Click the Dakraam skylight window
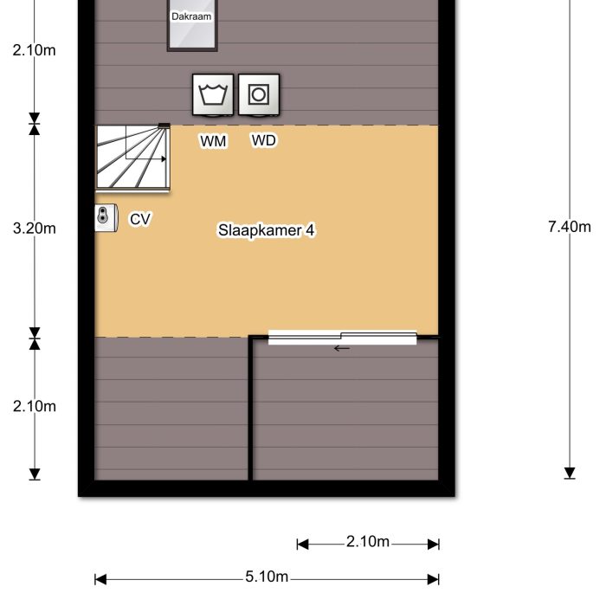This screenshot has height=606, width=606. coord(191,26)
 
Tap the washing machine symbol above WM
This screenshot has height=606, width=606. coord(213,94)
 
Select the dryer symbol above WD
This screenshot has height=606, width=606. coord(259,94)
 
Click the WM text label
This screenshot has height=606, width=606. coord(213,141)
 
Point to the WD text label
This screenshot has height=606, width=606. coord(264,140)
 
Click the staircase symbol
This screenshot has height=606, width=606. coord(132,157)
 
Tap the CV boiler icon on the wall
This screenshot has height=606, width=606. coord(106,218)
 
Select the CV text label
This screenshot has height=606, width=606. coord(140,220)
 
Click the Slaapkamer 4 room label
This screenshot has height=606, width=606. coord(265,231)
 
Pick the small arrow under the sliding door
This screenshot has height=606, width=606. coord(342,349)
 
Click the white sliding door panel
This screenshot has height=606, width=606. coord(342,338)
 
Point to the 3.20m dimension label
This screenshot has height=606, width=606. coord(35,229)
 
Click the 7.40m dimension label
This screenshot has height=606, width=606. coord(570,228)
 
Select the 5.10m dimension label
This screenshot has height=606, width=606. coord(266,578)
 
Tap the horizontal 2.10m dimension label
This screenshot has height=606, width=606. coord(368,543)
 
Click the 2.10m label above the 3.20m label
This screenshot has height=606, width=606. coord(35,50)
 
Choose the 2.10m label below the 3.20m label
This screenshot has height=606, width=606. coord(35,406)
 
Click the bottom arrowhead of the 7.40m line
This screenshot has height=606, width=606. coord(570,473)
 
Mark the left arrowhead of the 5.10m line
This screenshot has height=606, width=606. coord(100,578)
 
